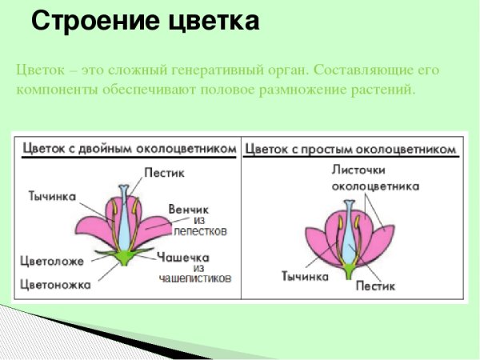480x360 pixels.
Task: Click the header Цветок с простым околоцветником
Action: point(350,149)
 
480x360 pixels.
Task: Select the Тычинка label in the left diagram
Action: point(52,195)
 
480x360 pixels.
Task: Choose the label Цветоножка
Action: point(55,282)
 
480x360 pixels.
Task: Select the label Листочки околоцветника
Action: point(375,178)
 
